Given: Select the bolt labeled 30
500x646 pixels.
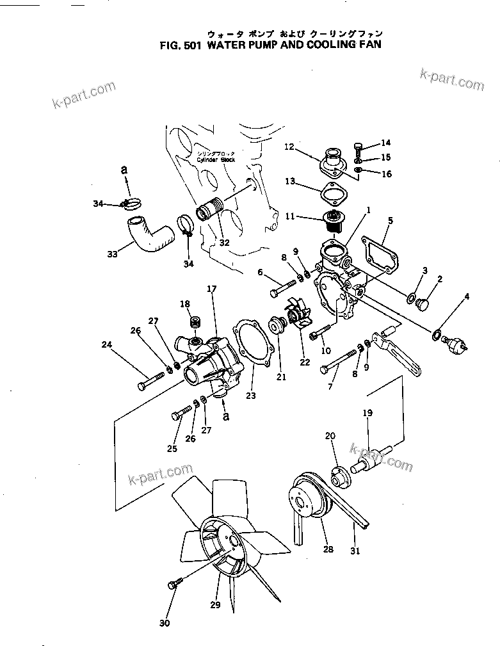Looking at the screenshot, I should pos(175,585).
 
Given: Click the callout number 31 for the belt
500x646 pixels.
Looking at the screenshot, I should pos(355,550).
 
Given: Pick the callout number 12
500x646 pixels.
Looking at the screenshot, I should pos(289,147).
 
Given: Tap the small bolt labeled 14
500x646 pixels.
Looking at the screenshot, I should pos(358,147).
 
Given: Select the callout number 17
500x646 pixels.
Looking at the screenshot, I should pos(211,289).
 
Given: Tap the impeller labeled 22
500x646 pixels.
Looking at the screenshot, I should pos(301,318).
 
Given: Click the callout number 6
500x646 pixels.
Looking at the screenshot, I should pos(261,271).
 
